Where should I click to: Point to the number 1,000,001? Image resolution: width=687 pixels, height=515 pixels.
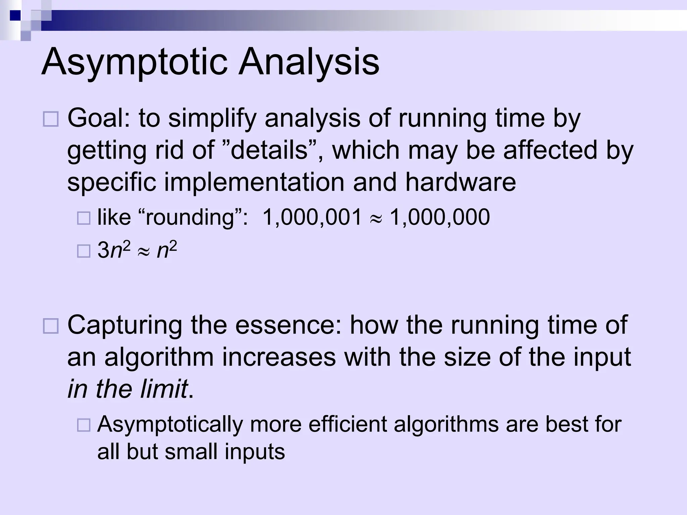click(x=312, y=217)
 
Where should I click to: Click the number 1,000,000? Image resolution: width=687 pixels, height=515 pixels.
click(x=440, y=217)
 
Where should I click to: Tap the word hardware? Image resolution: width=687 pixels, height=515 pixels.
click(x=460, y=182)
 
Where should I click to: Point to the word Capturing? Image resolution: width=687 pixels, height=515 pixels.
click(x=125, y=325)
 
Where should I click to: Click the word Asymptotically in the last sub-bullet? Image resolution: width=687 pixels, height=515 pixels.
click(x=170, y=424)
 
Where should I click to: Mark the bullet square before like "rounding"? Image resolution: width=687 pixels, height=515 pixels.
click(x=84, y=218)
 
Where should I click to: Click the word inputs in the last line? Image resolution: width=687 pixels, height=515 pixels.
click(x=255, y=452)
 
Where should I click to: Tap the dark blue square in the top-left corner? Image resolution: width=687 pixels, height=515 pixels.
click(x=15, y=15)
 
